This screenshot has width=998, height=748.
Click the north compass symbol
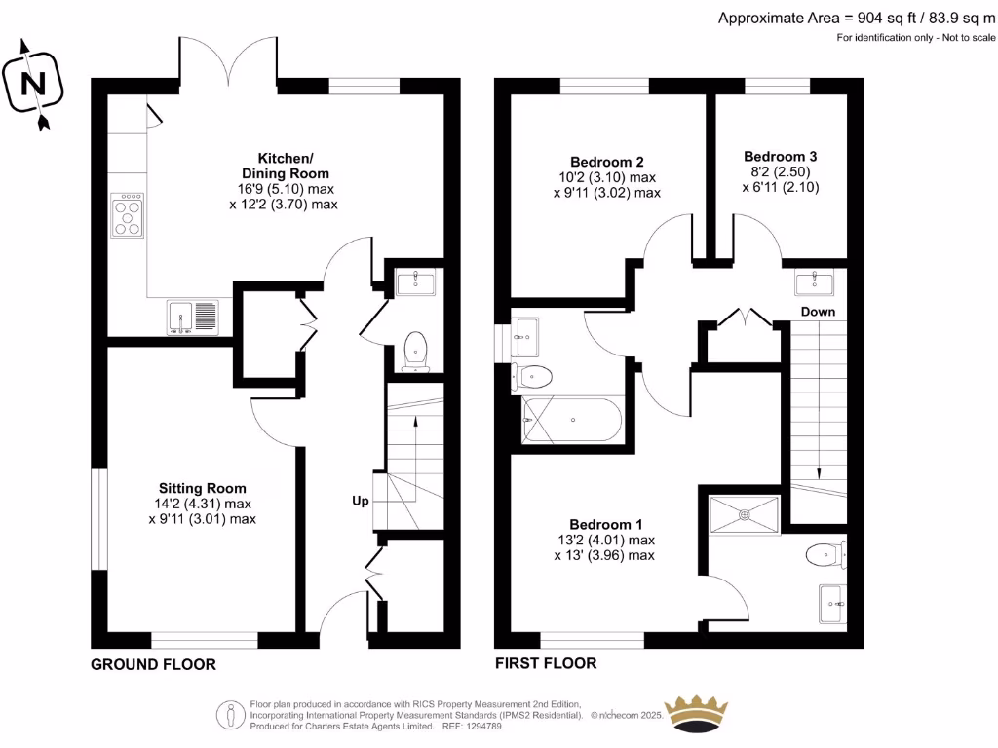(33, 84)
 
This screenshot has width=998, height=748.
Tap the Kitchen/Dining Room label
(286, 166)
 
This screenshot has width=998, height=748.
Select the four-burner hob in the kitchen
(128, 215)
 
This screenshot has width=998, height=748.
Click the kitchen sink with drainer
(192, 317)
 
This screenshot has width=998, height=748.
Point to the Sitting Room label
(203, 489)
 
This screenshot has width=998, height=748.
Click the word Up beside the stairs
(361, 502)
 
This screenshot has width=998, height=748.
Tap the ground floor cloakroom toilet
(415, 351)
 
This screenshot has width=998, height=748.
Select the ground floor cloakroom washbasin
(415, 282)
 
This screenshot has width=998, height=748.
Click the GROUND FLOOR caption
(153, 664)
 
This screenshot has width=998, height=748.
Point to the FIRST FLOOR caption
(546, 663)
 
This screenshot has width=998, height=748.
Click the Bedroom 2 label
(607, 163)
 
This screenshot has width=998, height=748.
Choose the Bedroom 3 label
(781, 157)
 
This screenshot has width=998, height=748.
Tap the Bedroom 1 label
(606, 525)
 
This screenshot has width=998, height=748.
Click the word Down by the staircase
(818, 312)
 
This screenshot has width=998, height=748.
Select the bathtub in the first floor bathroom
(571, 420)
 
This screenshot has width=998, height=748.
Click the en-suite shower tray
(745, 514)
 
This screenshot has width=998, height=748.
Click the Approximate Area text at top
(856, 19)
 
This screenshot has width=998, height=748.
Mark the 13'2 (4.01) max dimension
(606, 540)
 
